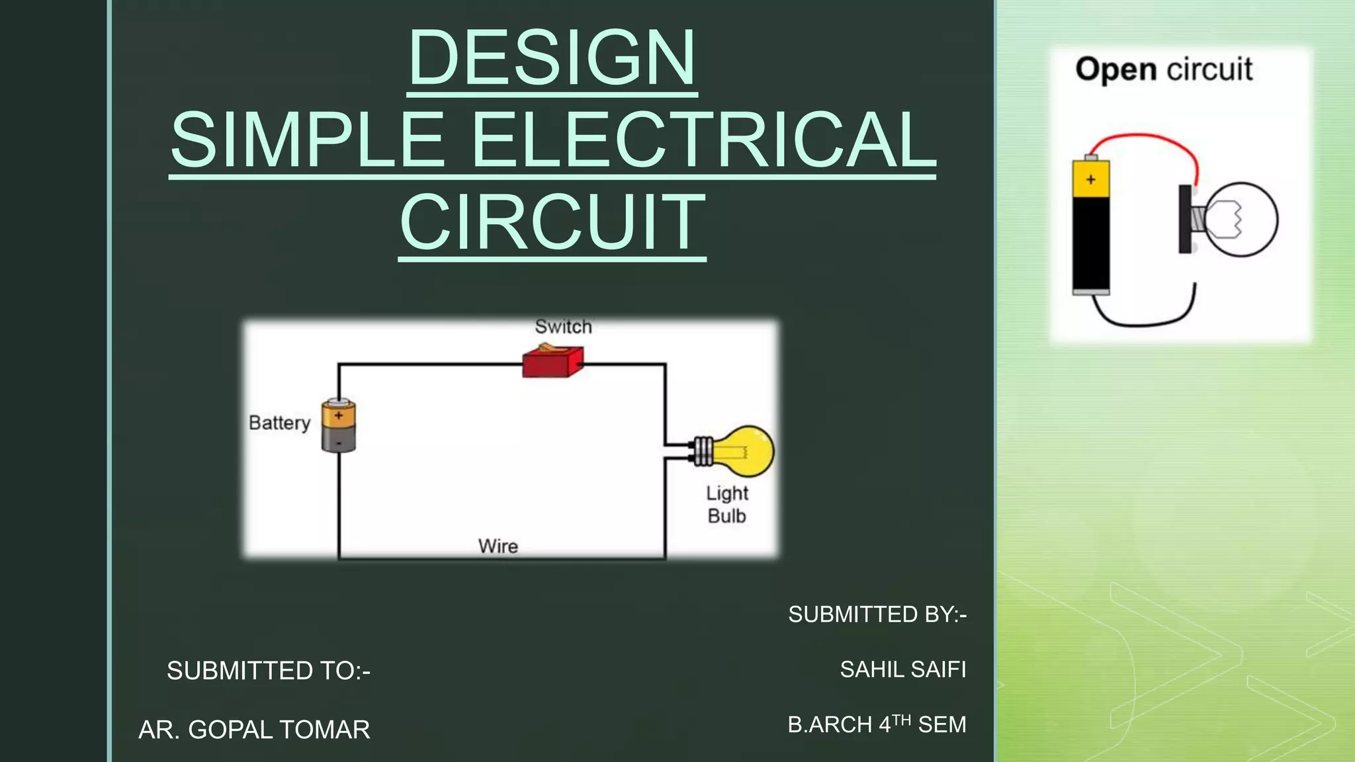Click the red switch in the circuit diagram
tap(552, 362)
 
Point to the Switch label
tap(563, 327)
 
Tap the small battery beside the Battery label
tap(339, 425)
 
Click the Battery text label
tap(279, 423)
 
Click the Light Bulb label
tap(726, 505)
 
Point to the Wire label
tap(498, 546)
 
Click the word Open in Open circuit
tap(1115, 70)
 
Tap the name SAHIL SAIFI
tap(902, 670)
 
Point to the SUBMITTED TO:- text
tap(269, 671)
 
